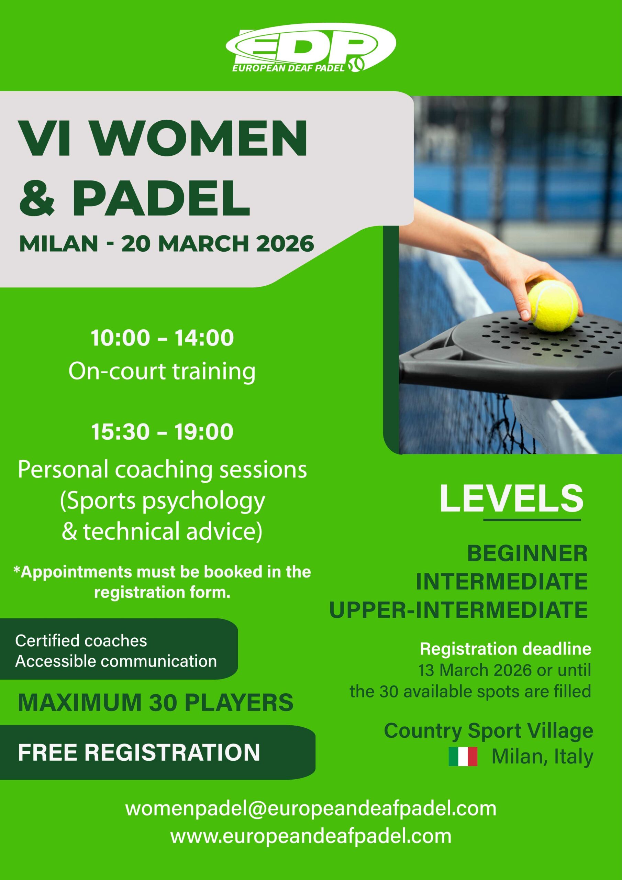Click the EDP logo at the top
coord(310,50)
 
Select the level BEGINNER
coord(527,554)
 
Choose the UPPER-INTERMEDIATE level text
coord(459,610)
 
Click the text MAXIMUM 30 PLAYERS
coord(156,702)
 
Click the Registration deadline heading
coord(506,649)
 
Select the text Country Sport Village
coord(489,731)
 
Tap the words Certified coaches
coord(81,640)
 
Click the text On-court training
coord(162,371)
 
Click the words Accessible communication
coord(116,661)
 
